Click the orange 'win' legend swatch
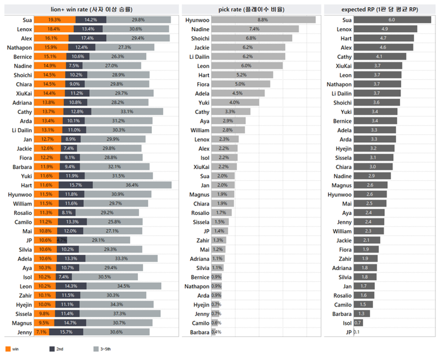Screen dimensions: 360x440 pos(7,349)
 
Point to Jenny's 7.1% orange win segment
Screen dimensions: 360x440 pos(41,332)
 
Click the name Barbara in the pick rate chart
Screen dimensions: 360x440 pos(198,332)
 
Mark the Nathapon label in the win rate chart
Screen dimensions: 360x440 pos(19,48)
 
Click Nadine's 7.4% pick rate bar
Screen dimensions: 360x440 pos(255,29)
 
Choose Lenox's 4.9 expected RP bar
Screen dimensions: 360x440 pos(385,29)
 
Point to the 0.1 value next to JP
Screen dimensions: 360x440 pos(357,332)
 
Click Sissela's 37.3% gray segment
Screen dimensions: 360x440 pos(133,314)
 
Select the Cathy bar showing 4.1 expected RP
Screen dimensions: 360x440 pos(379,57)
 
